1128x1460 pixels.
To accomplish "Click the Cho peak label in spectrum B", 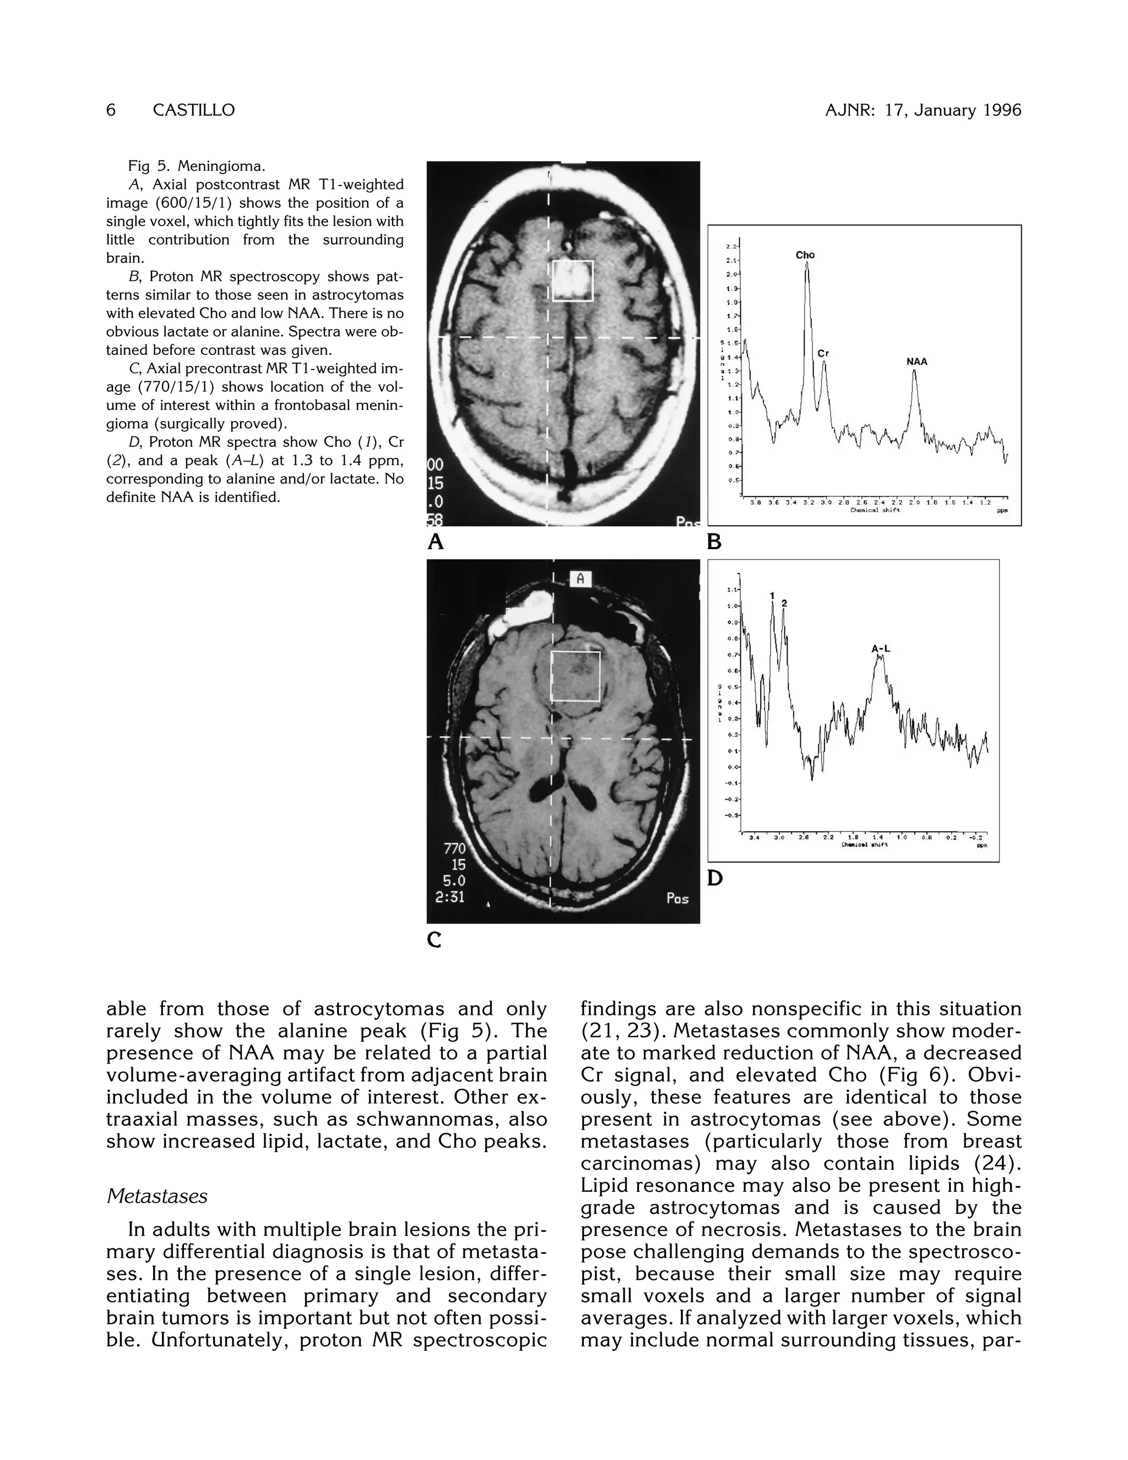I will coord(805,255).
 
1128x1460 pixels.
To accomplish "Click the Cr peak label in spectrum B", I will coord(823,353).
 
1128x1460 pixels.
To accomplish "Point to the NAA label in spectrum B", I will coord(917,361).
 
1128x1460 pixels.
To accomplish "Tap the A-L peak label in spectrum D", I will coord(881,648).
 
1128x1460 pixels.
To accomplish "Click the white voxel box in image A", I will coord(573,281).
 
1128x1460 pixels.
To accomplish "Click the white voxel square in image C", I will coord(576,676).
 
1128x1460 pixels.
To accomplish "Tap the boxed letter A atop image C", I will coord(580,579).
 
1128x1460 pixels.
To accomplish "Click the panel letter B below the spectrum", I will coord(714,542).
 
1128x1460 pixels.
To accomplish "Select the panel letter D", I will coord(714,878).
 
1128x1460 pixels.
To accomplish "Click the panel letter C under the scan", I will coord(435,940).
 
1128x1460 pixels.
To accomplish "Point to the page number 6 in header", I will coord(111,110).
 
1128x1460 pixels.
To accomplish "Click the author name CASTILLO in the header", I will coord(194,110).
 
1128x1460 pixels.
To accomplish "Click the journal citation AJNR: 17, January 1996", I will coord(923,110).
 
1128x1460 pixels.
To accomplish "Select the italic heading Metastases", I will coord(157,1196).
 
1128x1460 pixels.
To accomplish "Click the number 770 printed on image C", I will coord(454,849).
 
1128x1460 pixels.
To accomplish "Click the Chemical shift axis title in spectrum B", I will coord(875,510).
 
